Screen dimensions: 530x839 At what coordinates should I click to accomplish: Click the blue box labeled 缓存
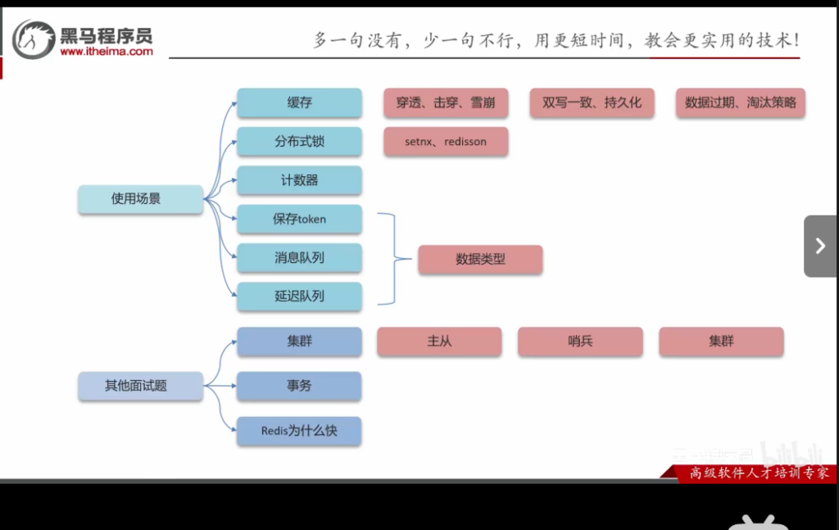[299, 103]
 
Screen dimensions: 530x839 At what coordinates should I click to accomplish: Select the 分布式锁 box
[299, 142]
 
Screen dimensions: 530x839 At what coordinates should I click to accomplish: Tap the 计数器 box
[299, 180]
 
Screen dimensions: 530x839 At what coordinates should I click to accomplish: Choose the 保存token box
[299, 219]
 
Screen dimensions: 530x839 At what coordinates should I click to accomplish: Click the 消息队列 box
[299, 257]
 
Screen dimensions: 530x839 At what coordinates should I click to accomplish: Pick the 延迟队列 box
[299, 296]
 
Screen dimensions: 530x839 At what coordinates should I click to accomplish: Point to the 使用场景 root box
[140, 199]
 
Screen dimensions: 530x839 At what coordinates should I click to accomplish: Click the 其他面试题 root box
[140, 386]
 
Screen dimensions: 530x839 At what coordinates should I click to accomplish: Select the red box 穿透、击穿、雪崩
[446, 103]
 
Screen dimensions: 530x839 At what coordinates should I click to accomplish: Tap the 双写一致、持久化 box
[592, 103]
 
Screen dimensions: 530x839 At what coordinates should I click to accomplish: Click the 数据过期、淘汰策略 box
[741, 103]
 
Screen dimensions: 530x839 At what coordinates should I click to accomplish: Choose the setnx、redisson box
[446, 142]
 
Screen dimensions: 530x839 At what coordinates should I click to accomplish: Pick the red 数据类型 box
[480, 260]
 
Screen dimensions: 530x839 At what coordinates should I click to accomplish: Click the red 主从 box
[439, 342]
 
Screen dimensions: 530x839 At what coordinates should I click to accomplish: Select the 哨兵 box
[580, 342]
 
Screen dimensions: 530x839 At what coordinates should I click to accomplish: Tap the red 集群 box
[721, 342]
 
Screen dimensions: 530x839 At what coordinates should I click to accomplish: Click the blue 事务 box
[299, 386]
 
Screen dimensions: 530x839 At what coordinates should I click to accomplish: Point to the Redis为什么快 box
[299, 431]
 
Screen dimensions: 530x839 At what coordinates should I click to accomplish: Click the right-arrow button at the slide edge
[820, 246]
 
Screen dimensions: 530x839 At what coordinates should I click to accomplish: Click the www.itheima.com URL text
[107, 51]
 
